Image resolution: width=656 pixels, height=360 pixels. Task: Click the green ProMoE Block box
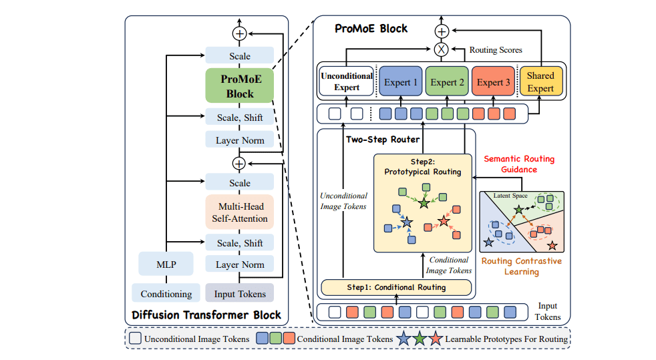240,86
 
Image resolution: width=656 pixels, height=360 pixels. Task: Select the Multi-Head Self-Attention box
240,212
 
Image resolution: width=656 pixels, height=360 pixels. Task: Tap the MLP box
166,263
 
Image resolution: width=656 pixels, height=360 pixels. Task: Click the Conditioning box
166,293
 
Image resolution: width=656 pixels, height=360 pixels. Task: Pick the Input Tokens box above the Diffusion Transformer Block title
239,293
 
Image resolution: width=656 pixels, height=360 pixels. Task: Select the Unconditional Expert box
346,82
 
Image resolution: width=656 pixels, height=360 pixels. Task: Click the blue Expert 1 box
401,82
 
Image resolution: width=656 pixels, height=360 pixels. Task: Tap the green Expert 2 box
447,82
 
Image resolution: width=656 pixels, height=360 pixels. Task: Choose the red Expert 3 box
493,82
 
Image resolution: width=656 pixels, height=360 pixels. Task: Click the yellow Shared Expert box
540,82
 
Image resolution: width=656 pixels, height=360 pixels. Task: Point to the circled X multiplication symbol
440,49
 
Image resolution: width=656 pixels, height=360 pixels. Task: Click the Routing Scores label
495,49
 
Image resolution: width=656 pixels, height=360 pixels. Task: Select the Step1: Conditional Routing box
396,287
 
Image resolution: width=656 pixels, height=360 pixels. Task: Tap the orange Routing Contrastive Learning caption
521,266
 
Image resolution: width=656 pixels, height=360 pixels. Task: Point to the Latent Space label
510,196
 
